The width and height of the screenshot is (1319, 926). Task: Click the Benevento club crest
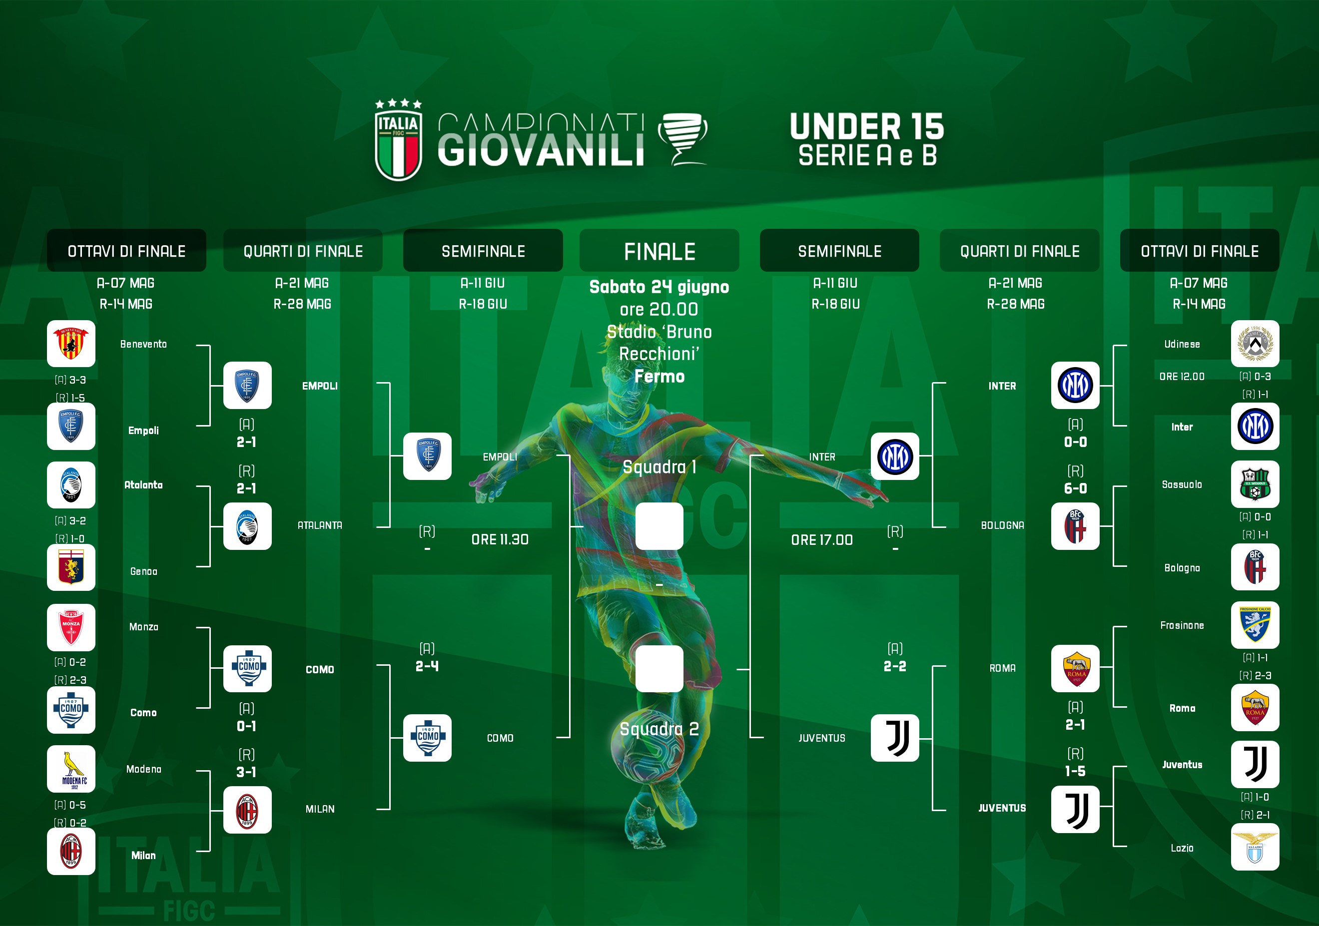(x=70, y=344)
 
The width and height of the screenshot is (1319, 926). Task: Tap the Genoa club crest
(x=70, y=567)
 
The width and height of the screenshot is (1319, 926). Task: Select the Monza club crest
(x=70, y=627)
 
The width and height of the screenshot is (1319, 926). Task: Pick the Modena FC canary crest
(x=70, y=769)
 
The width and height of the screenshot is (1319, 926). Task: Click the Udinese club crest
(x=1255, y=344)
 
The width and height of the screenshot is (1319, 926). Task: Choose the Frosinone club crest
(x=1255, y=625)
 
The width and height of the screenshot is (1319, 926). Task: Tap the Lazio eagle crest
(x=1255, y=847)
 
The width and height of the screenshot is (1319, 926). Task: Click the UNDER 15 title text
(x=867, y=126)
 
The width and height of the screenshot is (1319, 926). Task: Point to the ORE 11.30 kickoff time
(x=500, y=539)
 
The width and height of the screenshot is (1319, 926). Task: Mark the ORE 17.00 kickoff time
(x=821, y=540)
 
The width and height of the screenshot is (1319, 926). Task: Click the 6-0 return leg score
(x=1075, y=488)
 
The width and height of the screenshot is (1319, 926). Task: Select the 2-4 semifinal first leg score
(x=427, y=666)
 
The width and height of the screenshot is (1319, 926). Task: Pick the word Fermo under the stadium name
(x=659, y=376)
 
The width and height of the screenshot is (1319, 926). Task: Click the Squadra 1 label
(x=659, y=467)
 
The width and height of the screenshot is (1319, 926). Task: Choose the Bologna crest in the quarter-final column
(x=1075, y=526)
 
